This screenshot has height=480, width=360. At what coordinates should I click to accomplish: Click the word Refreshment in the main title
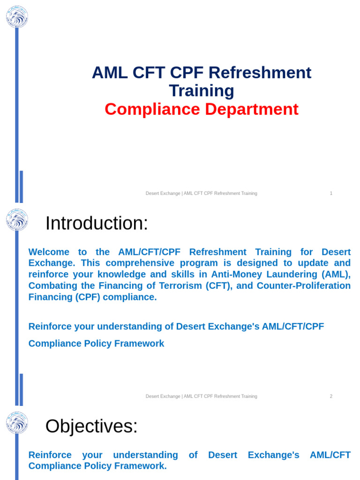tap(259, 73)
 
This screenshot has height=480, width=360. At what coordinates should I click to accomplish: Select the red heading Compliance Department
tap(201, 109)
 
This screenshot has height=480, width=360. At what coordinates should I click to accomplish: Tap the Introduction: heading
tap(97, 223)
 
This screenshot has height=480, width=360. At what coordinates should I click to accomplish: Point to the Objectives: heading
tap(91, 426)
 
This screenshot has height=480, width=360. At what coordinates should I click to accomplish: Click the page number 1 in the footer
tap(331, 193)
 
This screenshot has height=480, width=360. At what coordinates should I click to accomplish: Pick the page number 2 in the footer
tap(331, 396)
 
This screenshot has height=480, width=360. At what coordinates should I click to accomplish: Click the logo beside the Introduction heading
tap(17, 220)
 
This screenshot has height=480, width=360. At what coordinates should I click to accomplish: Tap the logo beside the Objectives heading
tap(17, 422)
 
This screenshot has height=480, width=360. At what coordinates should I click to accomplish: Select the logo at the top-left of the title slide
tap(17, 17)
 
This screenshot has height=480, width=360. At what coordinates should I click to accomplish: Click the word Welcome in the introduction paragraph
tap(49, 252)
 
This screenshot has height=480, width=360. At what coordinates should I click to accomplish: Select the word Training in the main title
tap(201, 90)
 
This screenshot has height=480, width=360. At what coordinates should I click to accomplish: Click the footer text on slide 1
tap(201, 193)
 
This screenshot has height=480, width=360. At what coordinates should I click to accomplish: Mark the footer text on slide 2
tap(201, 396)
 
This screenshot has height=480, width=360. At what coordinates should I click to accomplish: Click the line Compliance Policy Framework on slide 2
tap(96, 344)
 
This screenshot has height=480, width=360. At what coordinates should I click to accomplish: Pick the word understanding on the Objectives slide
tap(145, 455)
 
